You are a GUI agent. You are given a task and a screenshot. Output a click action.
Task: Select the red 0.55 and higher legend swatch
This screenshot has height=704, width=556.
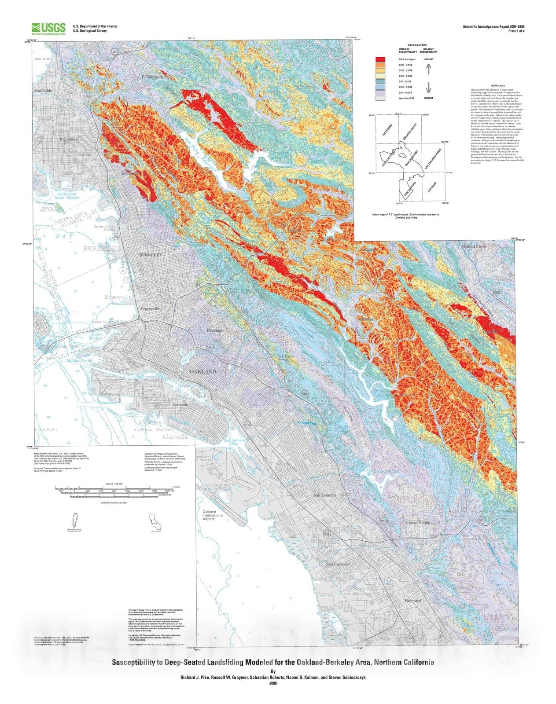[x=380, y=59]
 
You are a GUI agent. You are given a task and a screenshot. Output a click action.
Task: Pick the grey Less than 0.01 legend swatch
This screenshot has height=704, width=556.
[x=380, y=98]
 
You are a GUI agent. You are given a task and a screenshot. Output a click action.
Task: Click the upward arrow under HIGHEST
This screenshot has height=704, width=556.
[x=428, y=68]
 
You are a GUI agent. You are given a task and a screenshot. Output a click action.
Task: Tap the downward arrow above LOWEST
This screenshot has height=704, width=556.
[x=428, y=88]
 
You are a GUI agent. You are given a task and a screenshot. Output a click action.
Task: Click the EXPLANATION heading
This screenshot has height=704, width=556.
[x=417, y=45]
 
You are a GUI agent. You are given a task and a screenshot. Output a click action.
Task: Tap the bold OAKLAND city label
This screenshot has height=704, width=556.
[x=203, y=371]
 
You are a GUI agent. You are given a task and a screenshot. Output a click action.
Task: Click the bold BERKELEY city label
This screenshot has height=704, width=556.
[x=151, y=255]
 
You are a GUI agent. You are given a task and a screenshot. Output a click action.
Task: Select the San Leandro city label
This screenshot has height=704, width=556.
[x=325, y=495]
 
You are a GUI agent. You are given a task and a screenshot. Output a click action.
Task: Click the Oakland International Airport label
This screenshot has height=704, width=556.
[x=213, y=515]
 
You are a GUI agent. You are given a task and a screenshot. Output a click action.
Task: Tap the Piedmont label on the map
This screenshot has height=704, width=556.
[x=215, y=330]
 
